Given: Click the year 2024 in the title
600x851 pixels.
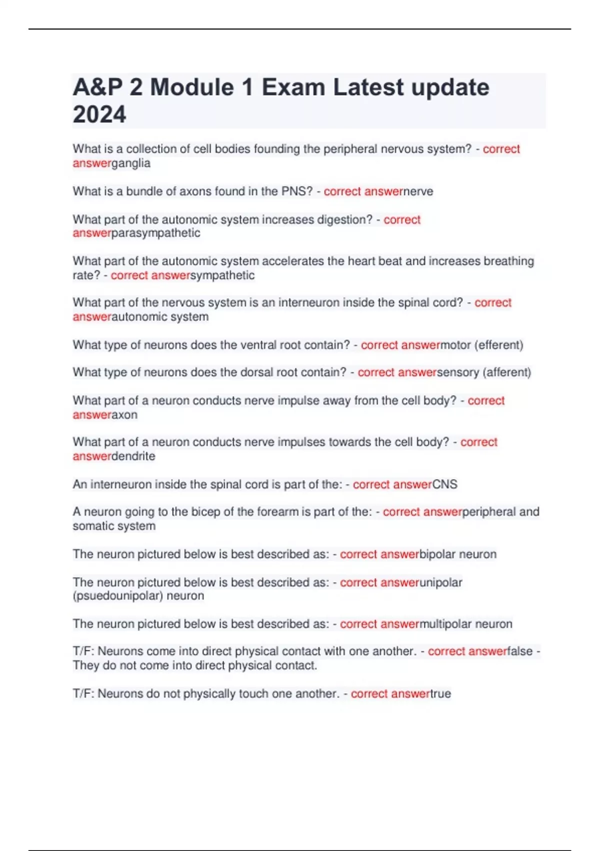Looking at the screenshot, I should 99,114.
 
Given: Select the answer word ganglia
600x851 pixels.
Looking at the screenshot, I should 131,163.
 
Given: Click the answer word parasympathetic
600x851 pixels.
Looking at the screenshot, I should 156,233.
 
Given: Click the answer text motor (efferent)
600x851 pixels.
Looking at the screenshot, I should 481,345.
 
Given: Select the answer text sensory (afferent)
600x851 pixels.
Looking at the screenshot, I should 484,372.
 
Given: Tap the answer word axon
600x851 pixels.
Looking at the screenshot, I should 124,414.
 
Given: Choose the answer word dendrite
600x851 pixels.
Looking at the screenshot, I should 133,456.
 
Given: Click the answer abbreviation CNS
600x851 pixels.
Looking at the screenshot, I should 445,484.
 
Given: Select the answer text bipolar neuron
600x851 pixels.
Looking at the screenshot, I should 458,554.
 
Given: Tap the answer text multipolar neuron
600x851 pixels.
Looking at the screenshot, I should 466,624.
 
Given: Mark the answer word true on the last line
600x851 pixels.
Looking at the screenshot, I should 440,693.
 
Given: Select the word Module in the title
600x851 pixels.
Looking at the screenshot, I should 192,87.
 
